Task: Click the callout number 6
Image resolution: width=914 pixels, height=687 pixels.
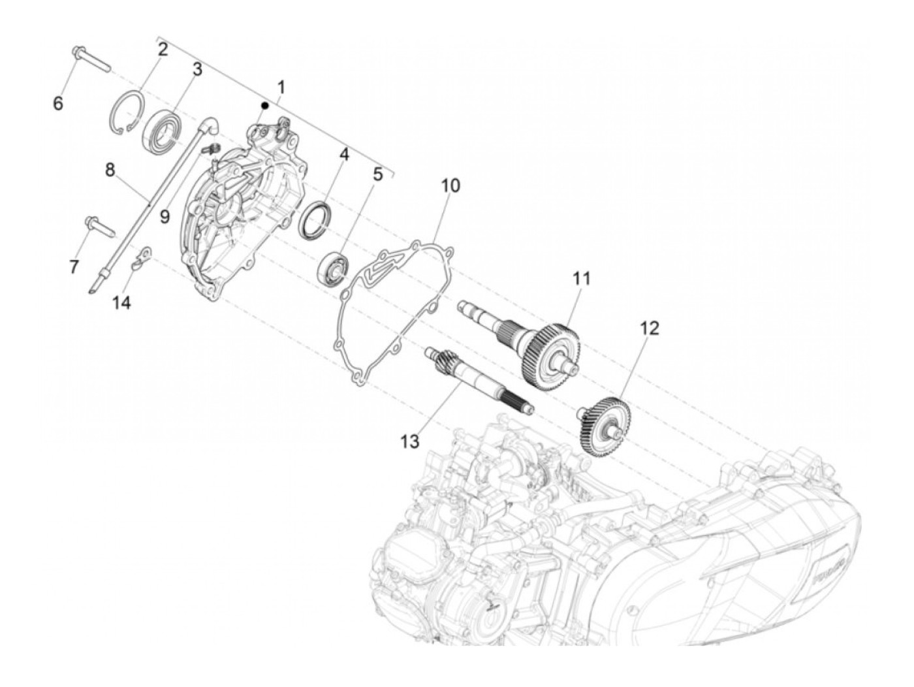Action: (x=58, y=103)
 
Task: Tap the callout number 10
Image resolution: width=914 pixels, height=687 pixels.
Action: (x=450, y=185)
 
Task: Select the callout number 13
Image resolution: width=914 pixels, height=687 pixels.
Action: (x=409, y=442)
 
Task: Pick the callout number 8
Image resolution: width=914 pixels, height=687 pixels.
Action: (x=110, y=170)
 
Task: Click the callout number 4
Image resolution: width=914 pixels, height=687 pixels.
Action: (x=343, y=155)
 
